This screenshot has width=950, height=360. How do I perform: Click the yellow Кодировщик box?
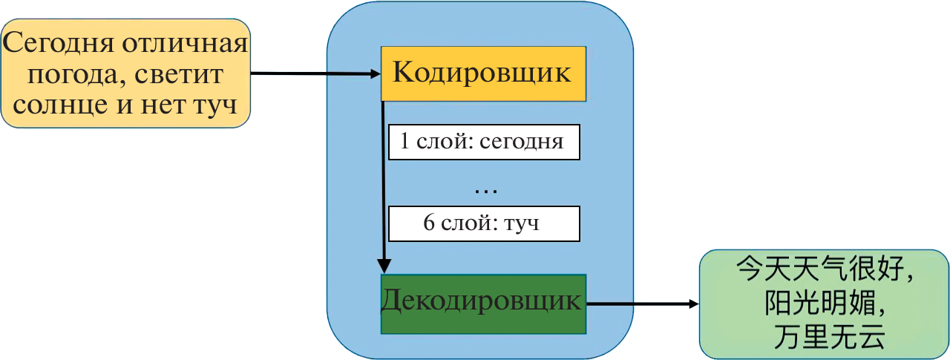click(483, 73)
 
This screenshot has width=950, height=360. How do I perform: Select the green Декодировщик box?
click(483, 303)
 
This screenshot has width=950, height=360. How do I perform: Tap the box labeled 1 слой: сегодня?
click(484, 143)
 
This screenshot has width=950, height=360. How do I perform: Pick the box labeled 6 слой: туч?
click(484, 223)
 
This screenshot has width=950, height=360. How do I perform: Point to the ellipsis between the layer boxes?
click(485, 189)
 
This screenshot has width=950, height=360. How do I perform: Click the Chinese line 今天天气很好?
click(824, 269)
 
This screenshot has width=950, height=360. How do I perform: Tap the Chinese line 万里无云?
click(824, 338)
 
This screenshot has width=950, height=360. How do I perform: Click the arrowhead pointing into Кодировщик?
click(375, 73)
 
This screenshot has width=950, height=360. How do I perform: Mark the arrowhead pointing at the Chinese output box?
click(694, 304)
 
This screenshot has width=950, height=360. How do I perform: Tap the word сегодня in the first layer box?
click(522, 143)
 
